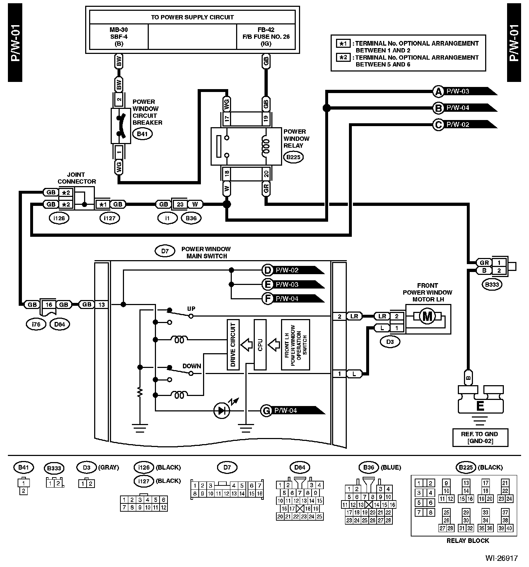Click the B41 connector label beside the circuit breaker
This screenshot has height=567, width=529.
coord(142,134)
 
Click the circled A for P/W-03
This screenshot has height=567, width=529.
coord(438,91)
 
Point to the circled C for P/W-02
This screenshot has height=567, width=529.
coord(438,125)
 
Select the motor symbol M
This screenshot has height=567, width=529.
coord(428,317)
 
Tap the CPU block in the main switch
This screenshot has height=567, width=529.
coord(260,345)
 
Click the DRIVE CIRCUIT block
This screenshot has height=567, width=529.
coord(233,345)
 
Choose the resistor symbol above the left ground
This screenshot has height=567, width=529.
coord(140,392)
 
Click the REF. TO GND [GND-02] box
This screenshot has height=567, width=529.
coord(480,437)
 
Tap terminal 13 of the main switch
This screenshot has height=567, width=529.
coord(102,305)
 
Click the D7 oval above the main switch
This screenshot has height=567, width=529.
coord(165,251)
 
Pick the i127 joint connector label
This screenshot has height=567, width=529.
coord(109,218)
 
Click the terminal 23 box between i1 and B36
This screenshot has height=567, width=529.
coord(180,204)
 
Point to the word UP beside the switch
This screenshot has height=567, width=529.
coord(191,309)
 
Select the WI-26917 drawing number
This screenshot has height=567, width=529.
coord(501,558)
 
